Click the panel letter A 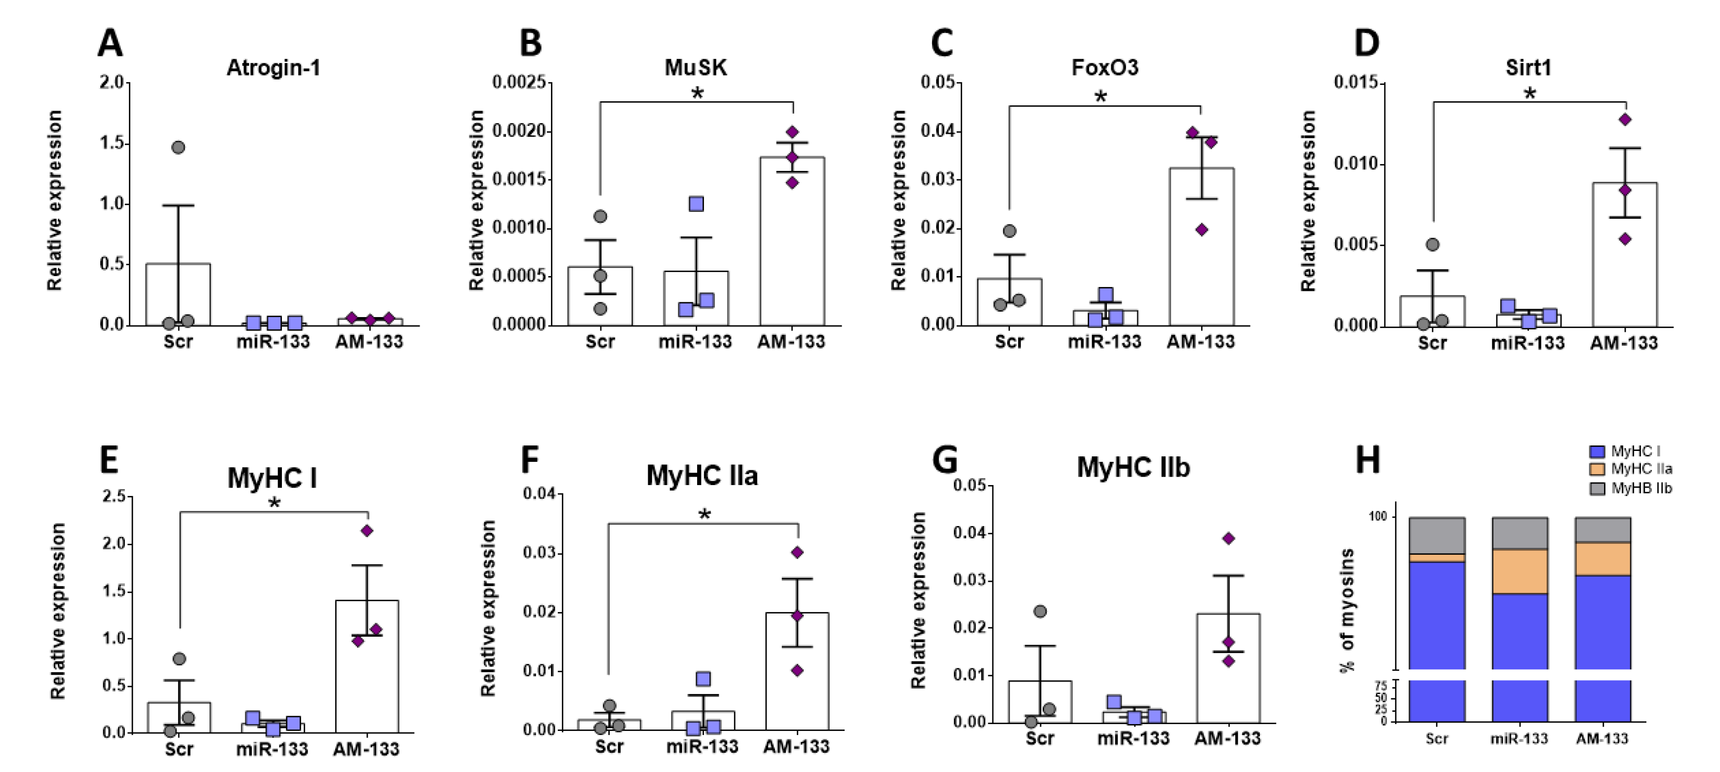coord(110,43)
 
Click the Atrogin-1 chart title coord(273,68)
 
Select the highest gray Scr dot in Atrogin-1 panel coord(178,147)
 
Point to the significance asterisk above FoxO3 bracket coord(1100,97)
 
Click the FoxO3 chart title coord(1104,68)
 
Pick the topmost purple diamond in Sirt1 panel coord(1625,120)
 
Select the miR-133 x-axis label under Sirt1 coord(1527,343)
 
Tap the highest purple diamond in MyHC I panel coord(367,531)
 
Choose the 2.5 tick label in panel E coord(114,496)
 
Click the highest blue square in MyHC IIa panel coord(703,679)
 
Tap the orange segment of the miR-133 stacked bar coord(1519,571)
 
